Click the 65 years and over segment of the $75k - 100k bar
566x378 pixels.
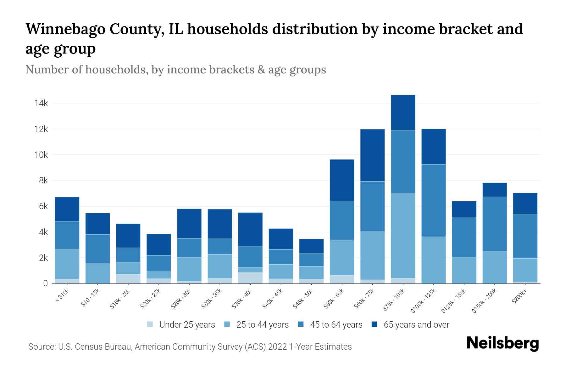point(403,112)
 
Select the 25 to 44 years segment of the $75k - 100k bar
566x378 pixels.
point(403,235)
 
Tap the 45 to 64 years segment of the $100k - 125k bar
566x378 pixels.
point(433,201)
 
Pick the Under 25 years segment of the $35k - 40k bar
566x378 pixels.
point(250,278)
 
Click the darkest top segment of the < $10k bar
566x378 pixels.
point(67,209)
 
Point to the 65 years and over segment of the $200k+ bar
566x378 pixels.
point(525,203)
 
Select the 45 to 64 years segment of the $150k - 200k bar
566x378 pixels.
point(495,224)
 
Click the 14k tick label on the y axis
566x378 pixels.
point(41,103)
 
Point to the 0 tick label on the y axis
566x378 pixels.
point(45,283)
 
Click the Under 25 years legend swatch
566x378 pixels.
point(150,324)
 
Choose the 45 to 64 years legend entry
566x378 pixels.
point(336,325)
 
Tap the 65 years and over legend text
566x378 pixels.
point(416,325)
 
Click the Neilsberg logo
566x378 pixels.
point(502,343)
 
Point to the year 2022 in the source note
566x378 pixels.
point(277,347)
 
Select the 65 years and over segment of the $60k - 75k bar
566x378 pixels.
point(372,155)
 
